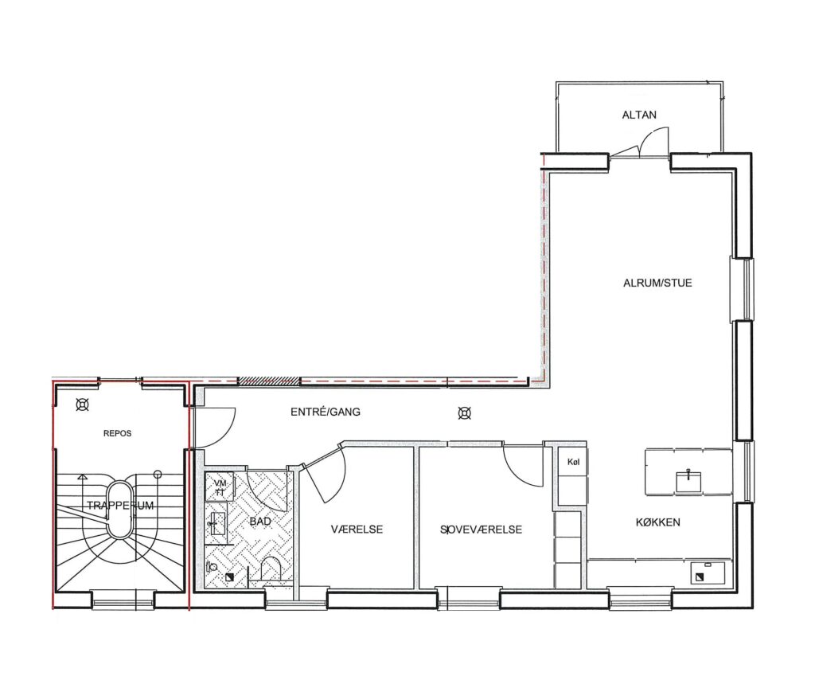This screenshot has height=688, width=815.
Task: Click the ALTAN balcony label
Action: (639, 115)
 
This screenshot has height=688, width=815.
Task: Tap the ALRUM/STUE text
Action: (657, 283)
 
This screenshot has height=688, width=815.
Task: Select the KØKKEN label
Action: (657, 522)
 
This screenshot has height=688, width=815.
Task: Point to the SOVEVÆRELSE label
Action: (481, 530)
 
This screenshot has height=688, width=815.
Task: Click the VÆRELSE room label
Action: (357, 530)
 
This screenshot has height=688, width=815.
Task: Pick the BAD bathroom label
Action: (260, 521)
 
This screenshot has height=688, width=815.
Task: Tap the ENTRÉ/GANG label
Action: (326, 412)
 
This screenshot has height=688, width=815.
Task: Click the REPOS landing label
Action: (118, 433)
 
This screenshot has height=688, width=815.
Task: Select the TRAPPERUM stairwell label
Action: (120, 506)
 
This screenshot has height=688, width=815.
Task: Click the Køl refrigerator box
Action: (573, 462)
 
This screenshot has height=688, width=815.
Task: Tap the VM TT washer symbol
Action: (220, 487)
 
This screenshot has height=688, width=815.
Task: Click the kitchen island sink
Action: (688, 481)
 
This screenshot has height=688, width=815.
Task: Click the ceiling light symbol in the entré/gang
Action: (465, 413)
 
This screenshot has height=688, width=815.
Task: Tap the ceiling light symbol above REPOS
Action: (82, 404)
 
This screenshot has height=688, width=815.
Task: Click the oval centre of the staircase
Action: (121, 509)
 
